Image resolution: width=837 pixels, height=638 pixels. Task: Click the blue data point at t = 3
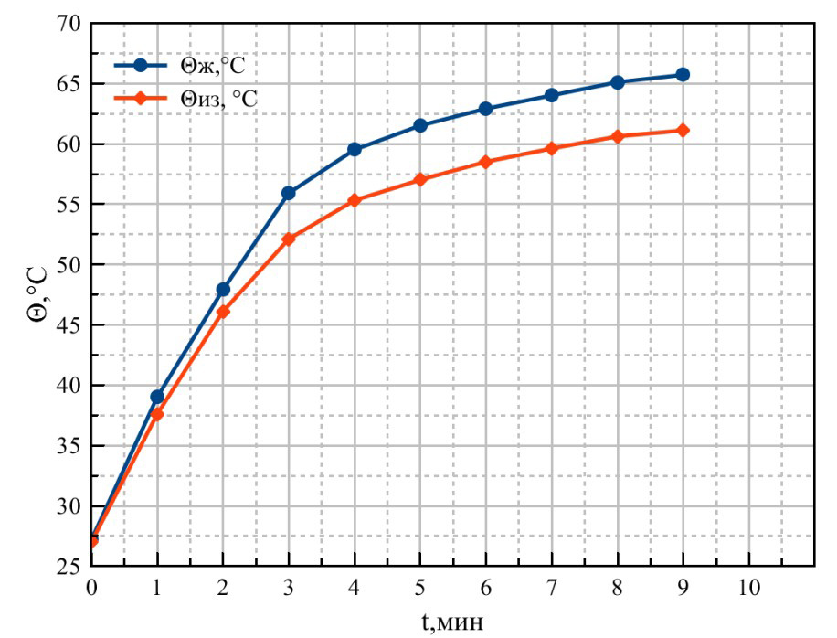click(x=289, y=193)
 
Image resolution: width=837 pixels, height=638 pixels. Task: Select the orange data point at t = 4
click(x=355, y=200)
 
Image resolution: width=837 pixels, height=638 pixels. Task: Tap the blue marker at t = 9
click(x=683, y=75)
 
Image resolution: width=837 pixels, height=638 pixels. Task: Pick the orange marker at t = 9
click(x=683, y=131)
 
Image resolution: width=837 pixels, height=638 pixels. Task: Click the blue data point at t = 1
click(x=157, y=397)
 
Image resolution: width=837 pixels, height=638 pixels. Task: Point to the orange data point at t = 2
click(x=223, y=312)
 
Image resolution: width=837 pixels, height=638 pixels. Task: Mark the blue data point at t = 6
click(x=485, y=109)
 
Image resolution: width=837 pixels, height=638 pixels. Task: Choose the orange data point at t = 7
click(x=551, y=148)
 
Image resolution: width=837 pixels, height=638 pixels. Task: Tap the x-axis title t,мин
click(x=452, y=622)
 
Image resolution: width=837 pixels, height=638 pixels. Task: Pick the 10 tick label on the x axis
click(x=748, y=587)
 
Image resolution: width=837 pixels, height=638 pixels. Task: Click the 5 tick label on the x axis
click(x=420, y=587)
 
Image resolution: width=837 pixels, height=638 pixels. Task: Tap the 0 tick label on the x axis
click(x=91, y=587)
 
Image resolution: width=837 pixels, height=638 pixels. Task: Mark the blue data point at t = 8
click(x=617, y=82)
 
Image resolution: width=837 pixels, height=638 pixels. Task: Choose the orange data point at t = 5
click(x=420, y=180)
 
